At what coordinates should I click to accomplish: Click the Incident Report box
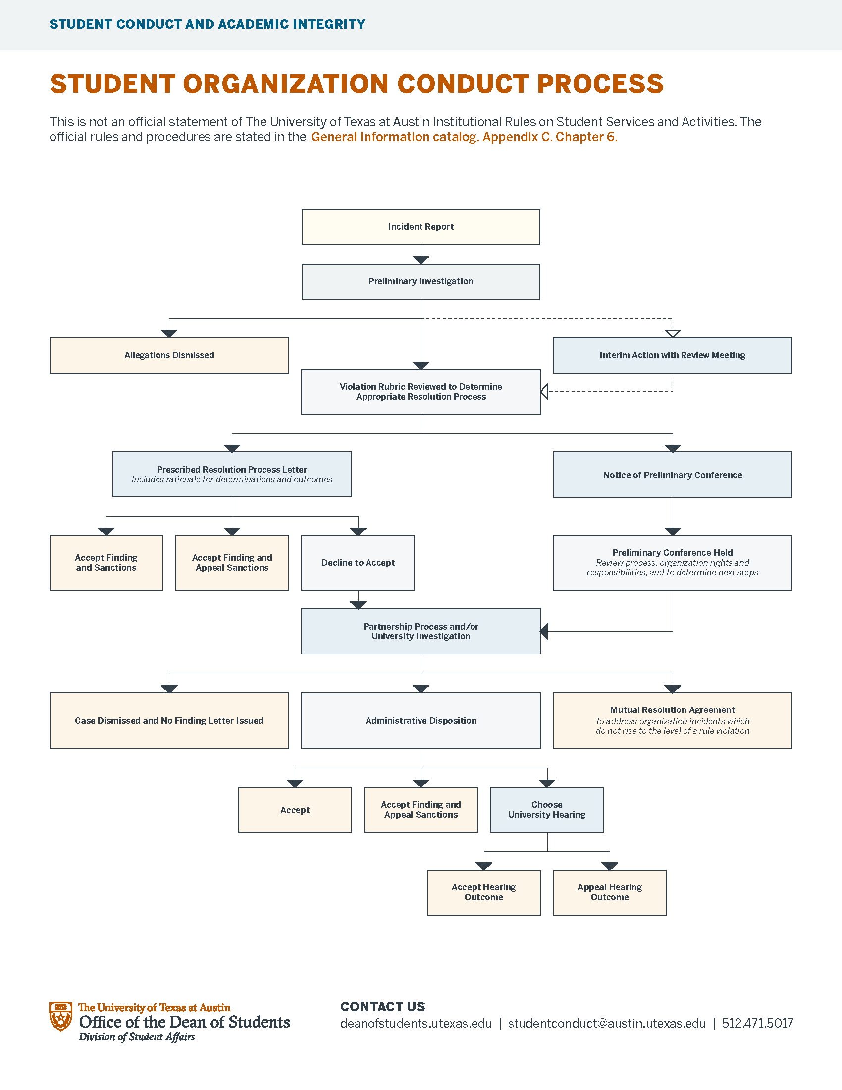point(421,227)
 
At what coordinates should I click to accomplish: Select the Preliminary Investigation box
point(421,281)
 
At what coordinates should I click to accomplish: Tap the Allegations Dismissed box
point(169,355)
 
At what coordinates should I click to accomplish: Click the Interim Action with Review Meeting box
point(672,355)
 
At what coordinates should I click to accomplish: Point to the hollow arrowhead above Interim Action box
point(673,333)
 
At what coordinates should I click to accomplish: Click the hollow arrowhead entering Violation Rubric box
point(545,392)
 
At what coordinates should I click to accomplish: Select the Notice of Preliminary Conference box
point(672,475)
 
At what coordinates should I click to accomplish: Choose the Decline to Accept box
point(358,562)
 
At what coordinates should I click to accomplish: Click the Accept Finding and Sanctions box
point(106,562)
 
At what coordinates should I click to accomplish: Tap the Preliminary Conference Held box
point(672,562)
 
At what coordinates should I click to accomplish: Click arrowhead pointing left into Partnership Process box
point(544,631)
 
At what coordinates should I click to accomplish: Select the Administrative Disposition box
point(421,720)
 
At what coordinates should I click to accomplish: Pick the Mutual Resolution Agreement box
point(672,720)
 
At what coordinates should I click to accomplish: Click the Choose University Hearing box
point(546,810)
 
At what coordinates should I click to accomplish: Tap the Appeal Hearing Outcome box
point(609,892)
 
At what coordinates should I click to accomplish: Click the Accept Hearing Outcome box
point(483,892)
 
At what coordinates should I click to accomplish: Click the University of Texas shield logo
point(61,1016)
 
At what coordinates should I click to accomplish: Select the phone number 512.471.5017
point(757,1024)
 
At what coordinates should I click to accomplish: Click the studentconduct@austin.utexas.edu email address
point(607,1024)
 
